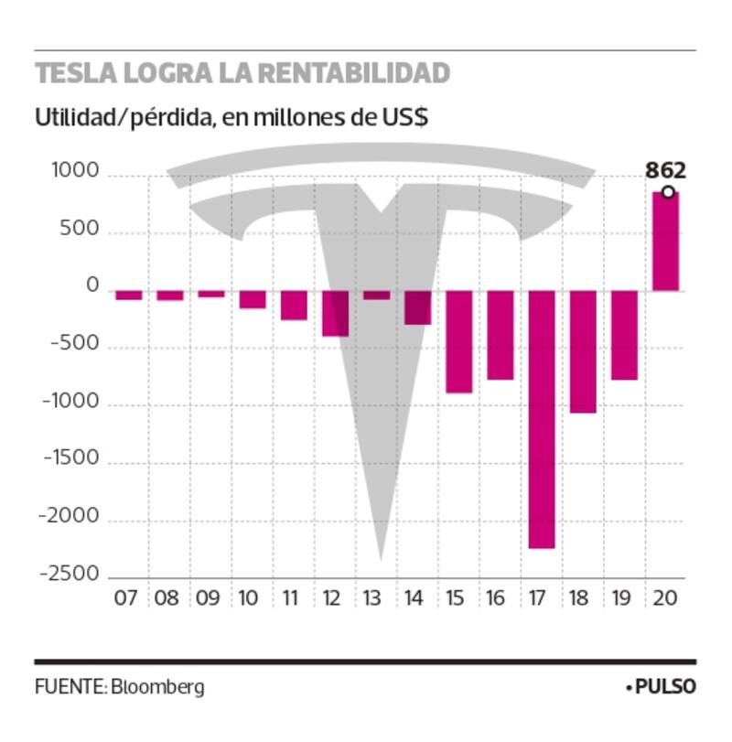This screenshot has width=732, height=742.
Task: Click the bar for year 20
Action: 665,242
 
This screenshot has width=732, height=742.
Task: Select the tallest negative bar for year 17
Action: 541,419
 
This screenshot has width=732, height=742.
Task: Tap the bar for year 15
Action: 458,341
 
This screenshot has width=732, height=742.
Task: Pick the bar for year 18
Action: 583,351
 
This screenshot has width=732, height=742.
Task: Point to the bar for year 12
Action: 335,313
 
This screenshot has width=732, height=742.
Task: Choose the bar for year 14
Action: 417,307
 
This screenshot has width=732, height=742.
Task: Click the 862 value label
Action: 665,170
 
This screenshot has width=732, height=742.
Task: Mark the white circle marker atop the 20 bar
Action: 669,192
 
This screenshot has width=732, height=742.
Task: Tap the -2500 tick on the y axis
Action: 69,575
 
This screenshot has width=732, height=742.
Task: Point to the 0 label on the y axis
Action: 92,287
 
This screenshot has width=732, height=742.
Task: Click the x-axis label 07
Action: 126,599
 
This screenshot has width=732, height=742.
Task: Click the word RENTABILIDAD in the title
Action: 344,73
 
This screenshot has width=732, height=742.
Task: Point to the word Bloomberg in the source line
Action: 158,687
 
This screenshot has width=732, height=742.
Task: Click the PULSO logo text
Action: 665,687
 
